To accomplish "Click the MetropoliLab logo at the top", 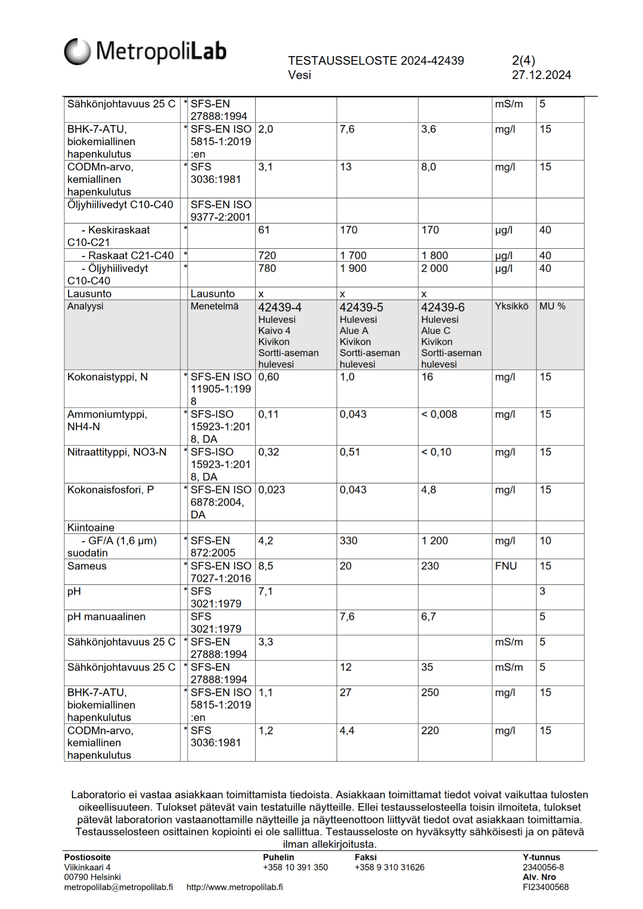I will pyautogui.click(x=145, y=51).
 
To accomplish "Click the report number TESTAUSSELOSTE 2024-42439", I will pyautogui.click(x=375, y=61).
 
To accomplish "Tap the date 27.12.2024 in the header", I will pyautogui.click(x=541, y=75).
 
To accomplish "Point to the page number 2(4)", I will pyautogui.click(x=523, y=61).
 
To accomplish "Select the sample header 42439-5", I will pyautogui.click(x=361, y=307).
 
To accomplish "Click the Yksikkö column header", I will pyautogui.click(x=511, y=306).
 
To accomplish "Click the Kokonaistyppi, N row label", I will pyautogui.click(x=107, y=377).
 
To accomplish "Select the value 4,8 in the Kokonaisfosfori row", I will pyautogui.click(x=429, y=490).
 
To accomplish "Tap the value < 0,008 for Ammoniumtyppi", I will pyautogui.click(x=439, y=414).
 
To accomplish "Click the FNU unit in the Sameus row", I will pyautogui.click(x=506, y=566).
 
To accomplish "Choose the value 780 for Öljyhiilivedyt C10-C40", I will pyautogui.click(x=267, y=269).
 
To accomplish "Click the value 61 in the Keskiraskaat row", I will pyautogui.click(x=264, y=230).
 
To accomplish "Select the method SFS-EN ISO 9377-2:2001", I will pyautogui.click(x=220, y=211).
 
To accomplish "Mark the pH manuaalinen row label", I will pyautogui.click(x=106, y=617).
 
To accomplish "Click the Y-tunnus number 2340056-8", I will pyautogui.click(x=543, y=867).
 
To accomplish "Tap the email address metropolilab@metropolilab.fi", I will pyautogui.click(x=119, y=887).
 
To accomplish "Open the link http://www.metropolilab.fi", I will pyautogui.click(x=234, y=887).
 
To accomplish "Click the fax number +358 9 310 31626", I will pyautogui.click(x=389, y=867).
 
